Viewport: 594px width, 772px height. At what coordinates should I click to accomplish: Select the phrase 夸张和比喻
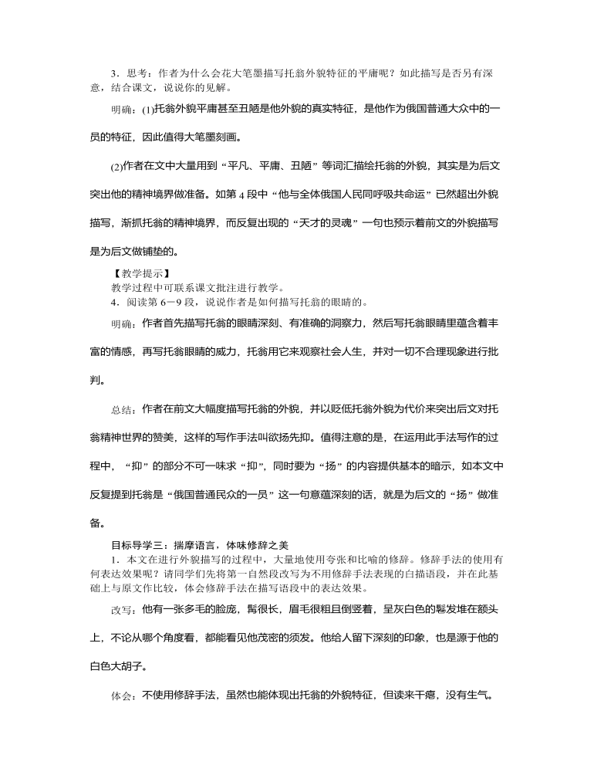coord(361,558)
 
